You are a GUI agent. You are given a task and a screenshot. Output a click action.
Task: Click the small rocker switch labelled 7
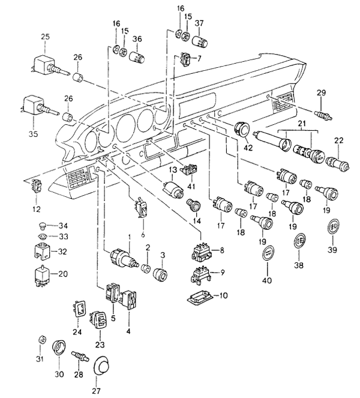187,60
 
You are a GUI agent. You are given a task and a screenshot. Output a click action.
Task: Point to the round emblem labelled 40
268,255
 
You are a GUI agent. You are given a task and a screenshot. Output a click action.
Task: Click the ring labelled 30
60,348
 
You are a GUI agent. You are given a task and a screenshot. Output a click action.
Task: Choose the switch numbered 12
37,186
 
